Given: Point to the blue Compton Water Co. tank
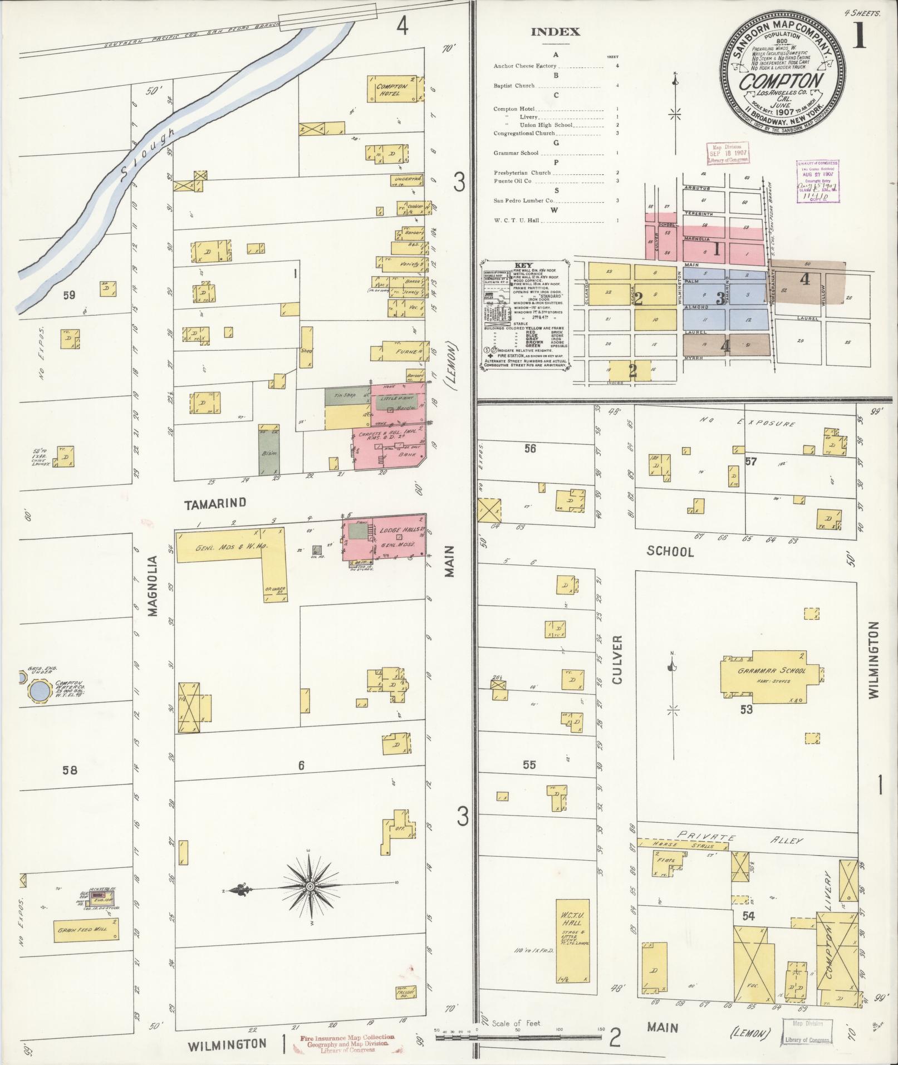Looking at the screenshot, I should (40, 692).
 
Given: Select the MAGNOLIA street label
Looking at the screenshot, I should (153, 585).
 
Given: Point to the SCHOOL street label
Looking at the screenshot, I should (670, 552).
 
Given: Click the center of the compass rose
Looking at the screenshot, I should (310, 886).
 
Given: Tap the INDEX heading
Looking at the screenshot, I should (555, 32).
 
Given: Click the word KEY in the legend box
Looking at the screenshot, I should (524, 266).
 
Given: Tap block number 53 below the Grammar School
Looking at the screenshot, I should (746, 709).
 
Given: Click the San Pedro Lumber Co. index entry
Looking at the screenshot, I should (523, 200).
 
